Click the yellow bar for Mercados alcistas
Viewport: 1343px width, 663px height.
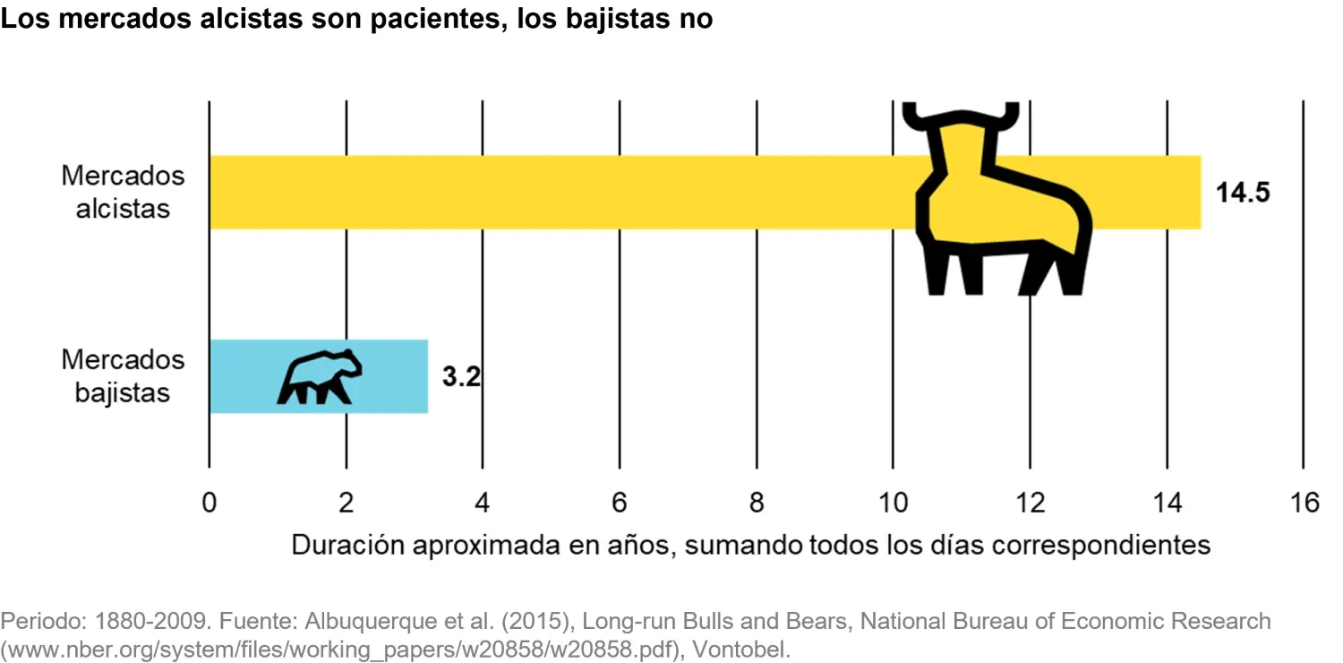(x=555, y=192)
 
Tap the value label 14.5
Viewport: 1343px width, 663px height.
(x=1243, y=193)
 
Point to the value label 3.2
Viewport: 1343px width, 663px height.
(x=462, y=376)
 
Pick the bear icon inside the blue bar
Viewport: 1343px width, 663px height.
(x=321, y=376)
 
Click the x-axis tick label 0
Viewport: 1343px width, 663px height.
(x=209, y=503)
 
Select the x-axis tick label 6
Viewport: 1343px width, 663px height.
(x=620, y=503)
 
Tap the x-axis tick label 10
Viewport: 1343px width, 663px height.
(x=893, y=503)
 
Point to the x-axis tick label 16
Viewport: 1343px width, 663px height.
(x=1304, y=503)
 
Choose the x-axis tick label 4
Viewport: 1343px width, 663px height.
(x=483, y=503)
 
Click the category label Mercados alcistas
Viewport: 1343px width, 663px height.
(x=123, y=192)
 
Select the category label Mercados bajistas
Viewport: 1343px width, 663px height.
(x=123, y=376)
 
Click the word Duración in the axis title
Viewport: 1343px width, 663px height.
(x=347, y=545)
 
